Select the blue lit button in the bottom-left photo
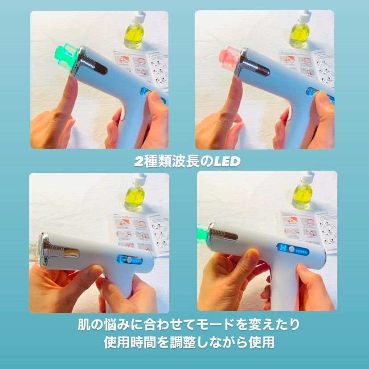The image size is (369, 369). pyautogui.click(x=128, y=259)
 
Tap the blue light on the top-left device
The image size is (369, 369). pyautogui.click(x=144, y=94)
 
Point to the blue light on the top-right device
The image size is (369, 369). pyautogui.click(x=310, y=93)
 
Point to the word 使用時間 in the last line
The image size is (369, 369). pyautogui.click(x=131, y=342)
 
